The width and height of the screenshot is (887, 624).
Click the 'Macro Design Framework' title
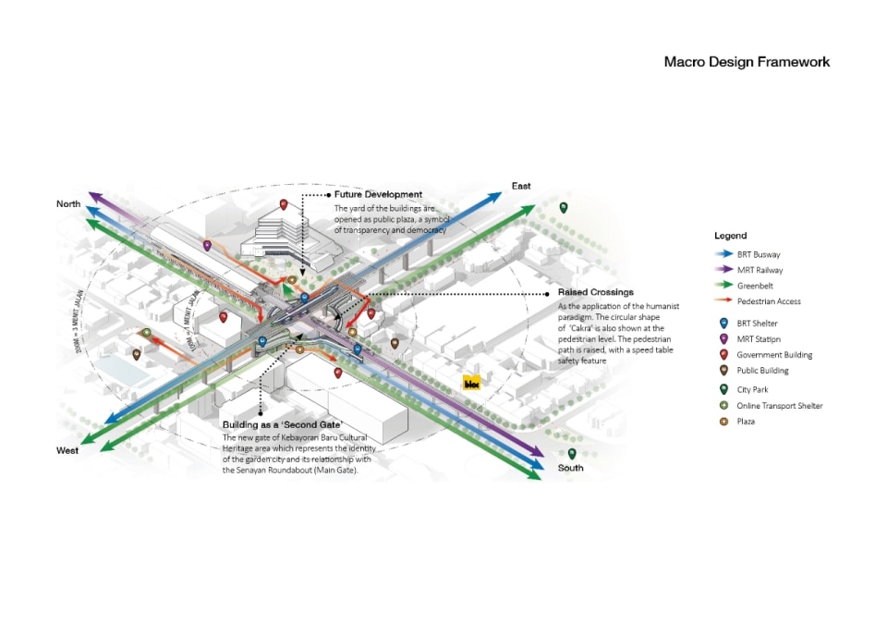coord(747,62)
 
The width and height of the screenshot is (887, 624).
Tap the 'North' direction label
coord(69,203)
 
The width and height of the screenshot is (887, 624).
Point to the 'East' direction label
coord(521,187)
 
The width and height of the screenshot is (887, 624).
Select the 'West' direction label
coord(67,450)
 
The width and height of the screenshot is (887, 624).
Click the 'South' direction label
coord(570,468)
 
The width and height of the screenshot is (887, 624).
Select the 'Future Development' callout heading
coord(379,195)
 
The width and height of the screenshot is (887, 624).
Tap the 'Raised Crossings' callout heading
coord(596,292)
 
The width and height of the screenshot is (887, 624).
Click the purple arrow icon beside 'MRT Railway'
coord(723,270)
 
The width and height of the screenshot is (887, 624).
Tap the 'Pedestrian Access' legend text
coord(769,301)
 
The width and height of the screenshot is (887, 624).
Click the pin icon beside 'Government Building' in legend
coord(723,355)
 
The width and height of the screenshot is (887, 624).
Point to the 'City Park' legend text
coord(752,389)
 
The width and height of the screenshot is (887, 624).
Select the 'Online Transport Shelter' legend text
coord(779,406)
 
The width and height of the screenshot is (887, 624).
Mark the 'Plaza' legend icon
coord(723,422)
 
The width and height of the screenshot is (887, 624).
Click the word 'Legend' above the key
coord(730,236)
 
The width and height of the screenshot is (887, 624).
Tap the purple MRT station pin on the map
coord(207,246)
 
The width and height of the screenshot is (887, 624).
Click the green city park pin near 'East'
coord(563,208)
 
